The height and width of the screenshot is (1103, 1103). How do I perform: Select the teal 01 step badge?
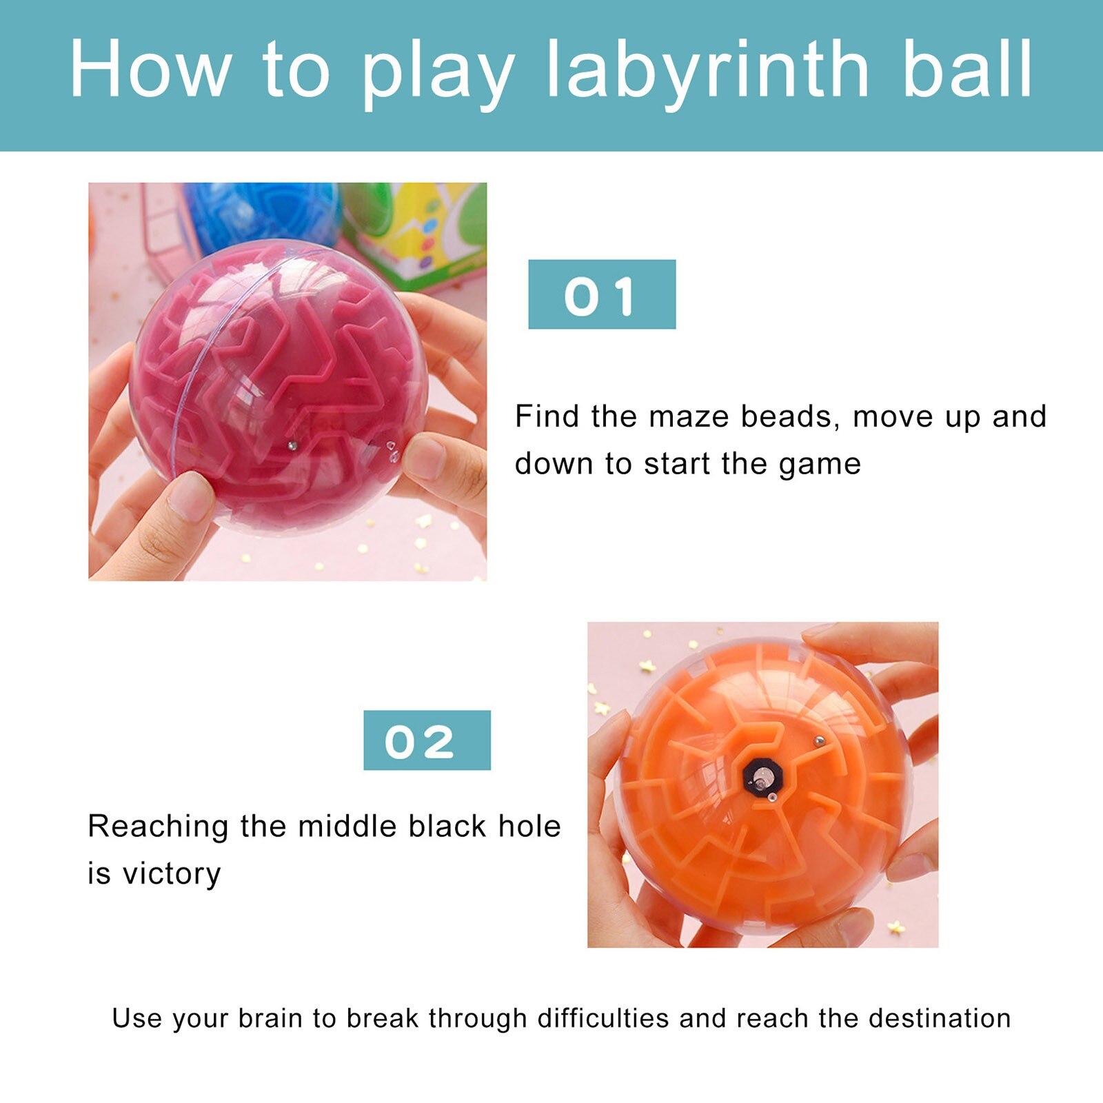coord(601,294)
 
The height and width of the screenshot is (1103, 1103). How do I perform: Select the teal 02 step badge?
coord(427,740)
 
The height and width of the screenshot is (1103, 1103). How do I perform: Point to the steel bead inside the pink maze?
coord(292,446)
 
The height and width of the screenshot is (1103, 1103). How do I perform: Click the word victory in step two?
coord(172,874)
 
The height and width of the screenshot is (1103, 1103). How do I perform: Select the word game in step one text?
coord(820,464)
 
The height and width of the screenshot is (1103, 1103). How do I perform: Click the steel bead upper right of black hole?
coord(819,741)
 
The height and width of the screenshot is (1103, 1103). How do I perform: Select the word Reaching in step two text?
coord(158,827)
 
